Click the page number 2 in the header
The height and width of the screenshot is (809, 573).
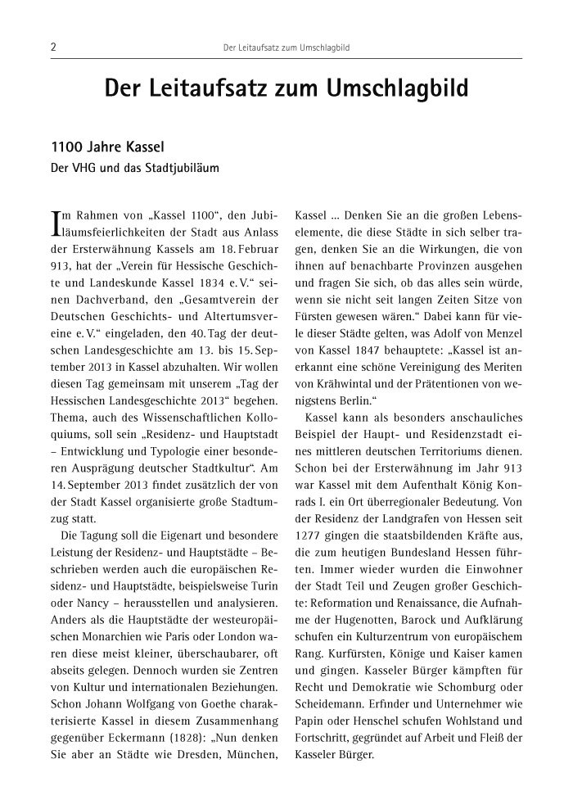[x=52, y=47]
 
